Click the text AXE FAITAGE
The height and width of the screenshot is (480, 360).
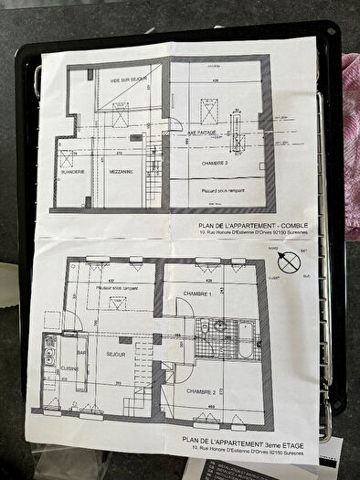click(x=201, y=133)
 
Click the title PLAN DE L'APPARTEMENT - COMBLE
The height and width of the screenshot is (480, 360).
click(x=249, y=223)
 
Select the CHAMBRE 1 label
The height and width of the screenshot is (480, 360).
click(x=198, y=293)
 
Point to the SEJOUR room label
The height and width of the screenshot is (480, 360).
click(x=117, y=353)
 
